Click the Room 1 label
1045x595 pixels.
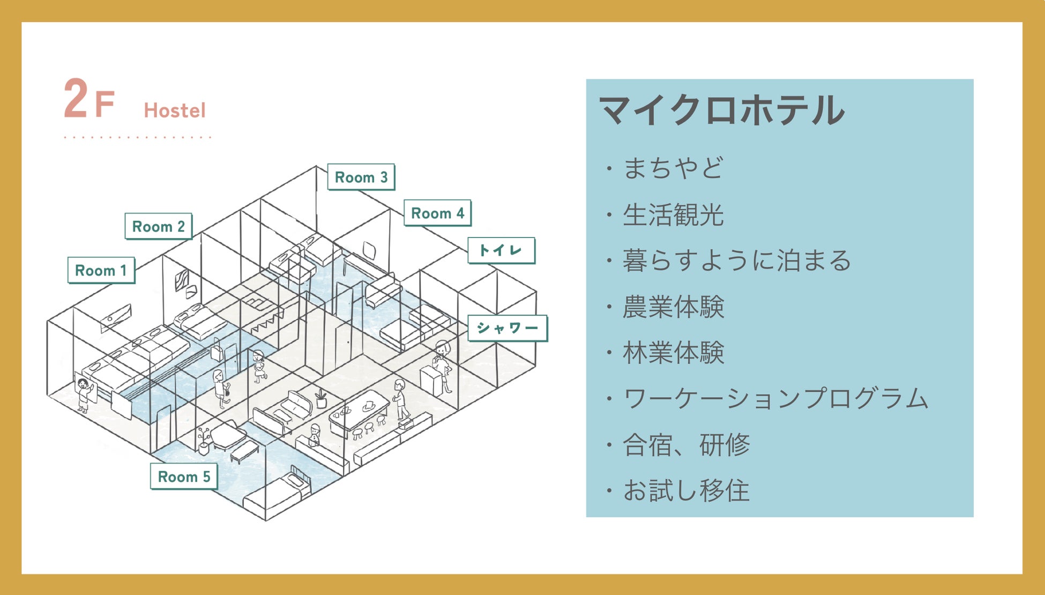coord(101,270)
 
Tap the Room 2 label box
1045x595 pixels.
coord(158,226)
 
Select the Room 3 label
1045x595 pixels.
coord(361,177)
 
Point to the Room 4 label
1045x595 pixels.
coord(437,213)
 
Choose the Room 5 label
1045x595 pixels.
coord(184,477)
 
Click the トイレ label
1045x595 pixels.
coord(501,250)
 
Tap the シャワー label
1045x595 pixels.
coord(507,328)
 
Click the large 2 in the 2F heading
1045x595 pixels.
coord(76,99)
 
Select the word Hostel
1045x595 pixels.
coord(175,110)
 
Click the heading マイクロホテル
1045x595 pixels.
coord(721,110)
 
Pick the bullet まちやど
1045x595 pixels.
coord(673,168)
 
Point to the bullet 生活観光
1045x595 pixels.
coord(673,214)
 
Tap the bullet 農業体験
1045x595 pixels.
coord(673,307)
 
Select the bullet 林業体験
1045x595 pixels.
coord(673,353)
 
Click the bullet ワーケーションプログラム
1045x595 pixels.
coord(774,399)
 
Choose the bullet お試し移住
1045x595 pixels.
coord(685,490)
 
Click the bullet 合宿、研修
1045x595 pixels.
coord(685,445)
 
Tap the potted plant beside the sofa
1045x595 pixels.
coord(321,398)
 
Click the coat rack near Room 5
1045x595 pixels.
coord(203,441)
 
